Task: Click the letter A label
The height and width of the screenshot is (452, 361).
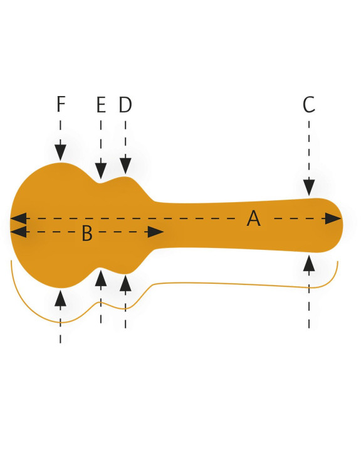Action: click(x=254, y=218)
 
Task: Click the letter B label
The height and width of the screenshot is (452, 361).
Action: click(x=87, y=233)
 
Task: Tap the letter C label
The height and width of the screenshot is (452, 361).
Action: click(x=308, y=104)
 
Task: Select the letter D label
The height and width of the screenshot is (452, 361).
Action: click(x=125, y=105)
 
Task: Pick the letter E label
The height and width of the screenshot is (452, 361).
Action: click(x=101, y=105)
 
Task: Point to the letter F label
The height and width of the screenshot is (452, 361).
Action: click(x=61, y=104)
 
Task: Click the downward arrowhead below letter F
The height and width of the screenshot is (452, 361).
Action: click(x=60, y=153)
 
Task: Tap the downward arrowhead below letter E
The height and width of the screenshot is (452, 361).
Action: click(x=101, y=171)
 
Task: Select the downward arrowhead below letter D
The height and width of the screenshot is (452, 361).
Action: click(x=125, y=166)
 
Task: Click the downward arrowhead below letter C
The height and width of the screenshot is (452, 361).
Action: click(x=309, y=187)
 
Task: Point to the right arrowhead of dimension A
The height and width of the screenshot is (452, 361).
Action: click(x=333, y=218)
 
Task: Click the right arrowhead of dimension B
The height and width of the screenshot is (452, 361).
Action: click(x=155, y=232)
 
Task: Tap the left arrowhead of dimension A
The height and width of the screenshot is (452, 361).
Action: click(x=18, y=218)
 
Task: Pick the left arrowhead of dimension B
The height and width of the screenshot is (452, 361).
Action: click(x=18, y=232)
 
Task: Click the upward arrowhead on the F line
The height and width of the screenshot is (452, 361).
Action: click(x=60, y=298)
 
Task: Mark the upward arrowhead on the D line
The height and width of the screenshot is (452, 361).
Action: click(x=125, y=283)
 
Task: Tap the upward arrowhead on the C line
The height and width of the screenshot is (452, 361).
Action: click(x=309, y=263)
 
